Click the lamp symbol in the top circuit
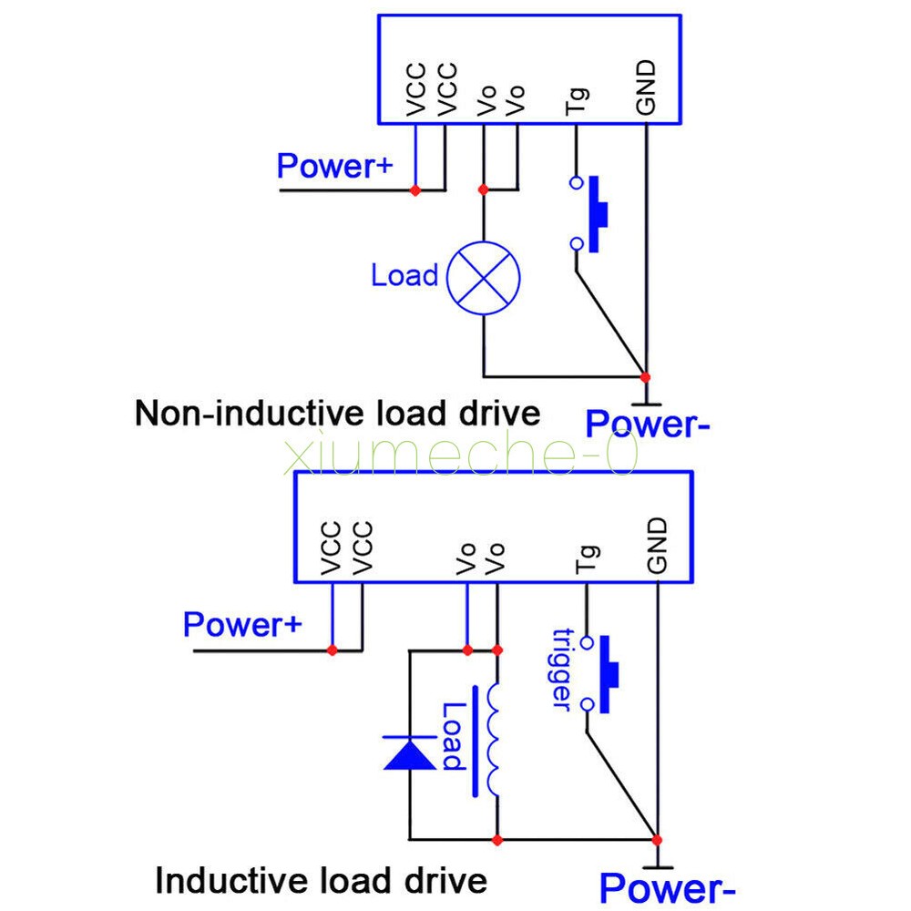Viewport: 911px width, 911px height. (x=483, y=278)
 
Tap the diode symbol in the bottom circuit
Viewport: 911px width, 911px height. (x=410, y=753)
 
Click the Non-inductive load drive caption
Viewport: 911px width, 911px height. (x=337, y=414)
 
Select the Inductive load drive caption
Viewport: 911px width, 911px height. (x=321, y=881)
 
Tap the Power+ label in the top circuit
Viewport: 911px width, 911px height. (x=334, y=167)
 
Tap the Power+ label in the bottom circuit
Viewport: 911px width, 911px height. (x=241, y=625)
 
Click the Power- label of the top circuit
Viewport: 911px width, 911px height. (x=647, y=425)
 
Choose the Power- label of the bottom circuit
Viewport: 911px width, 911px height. (x=667, y=886)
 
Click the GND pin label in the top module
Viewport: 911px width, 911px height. (x=646, y=89)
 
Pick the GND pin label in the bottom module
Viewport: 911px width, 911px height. (x=657, y=546)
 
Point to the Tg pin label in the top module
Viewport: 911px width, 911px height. (x=577, y=100)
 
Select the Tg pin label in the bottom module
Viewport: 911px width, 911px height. (x=588, y=558)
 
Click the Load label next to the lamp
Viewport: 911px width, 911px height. (x=404, y=275)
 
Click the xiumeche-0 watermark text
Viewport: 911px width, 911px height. (x=460, y=455)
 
